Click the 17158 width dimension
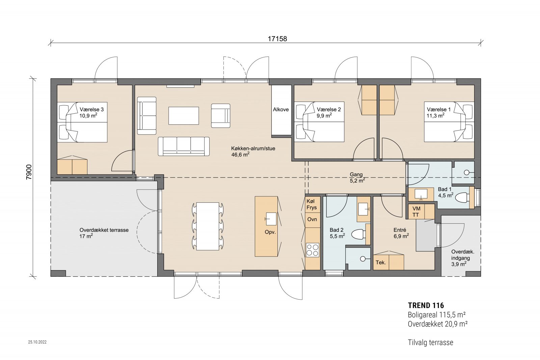coord(277,39)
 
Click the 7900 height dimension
coord(29,172)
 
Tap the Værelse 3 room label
coord(91,109)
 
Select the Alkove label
coord(281,109)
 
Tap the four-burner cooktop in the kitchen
coord(313,250)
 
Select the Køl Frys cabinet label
coord(312,204)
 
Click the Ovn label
coord(312,219)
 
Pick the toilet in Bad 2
coord(358,234)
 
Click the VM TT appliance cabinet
coord(416,212)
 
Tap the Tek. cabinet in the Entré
coord(381,262)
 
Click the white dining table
coord(208,226)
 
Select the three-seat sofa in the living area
coord(184,146)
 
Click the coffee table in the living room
coord(184,115)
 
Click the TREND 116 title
coord(426,306)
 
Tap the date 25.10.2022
coord(37,342)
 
